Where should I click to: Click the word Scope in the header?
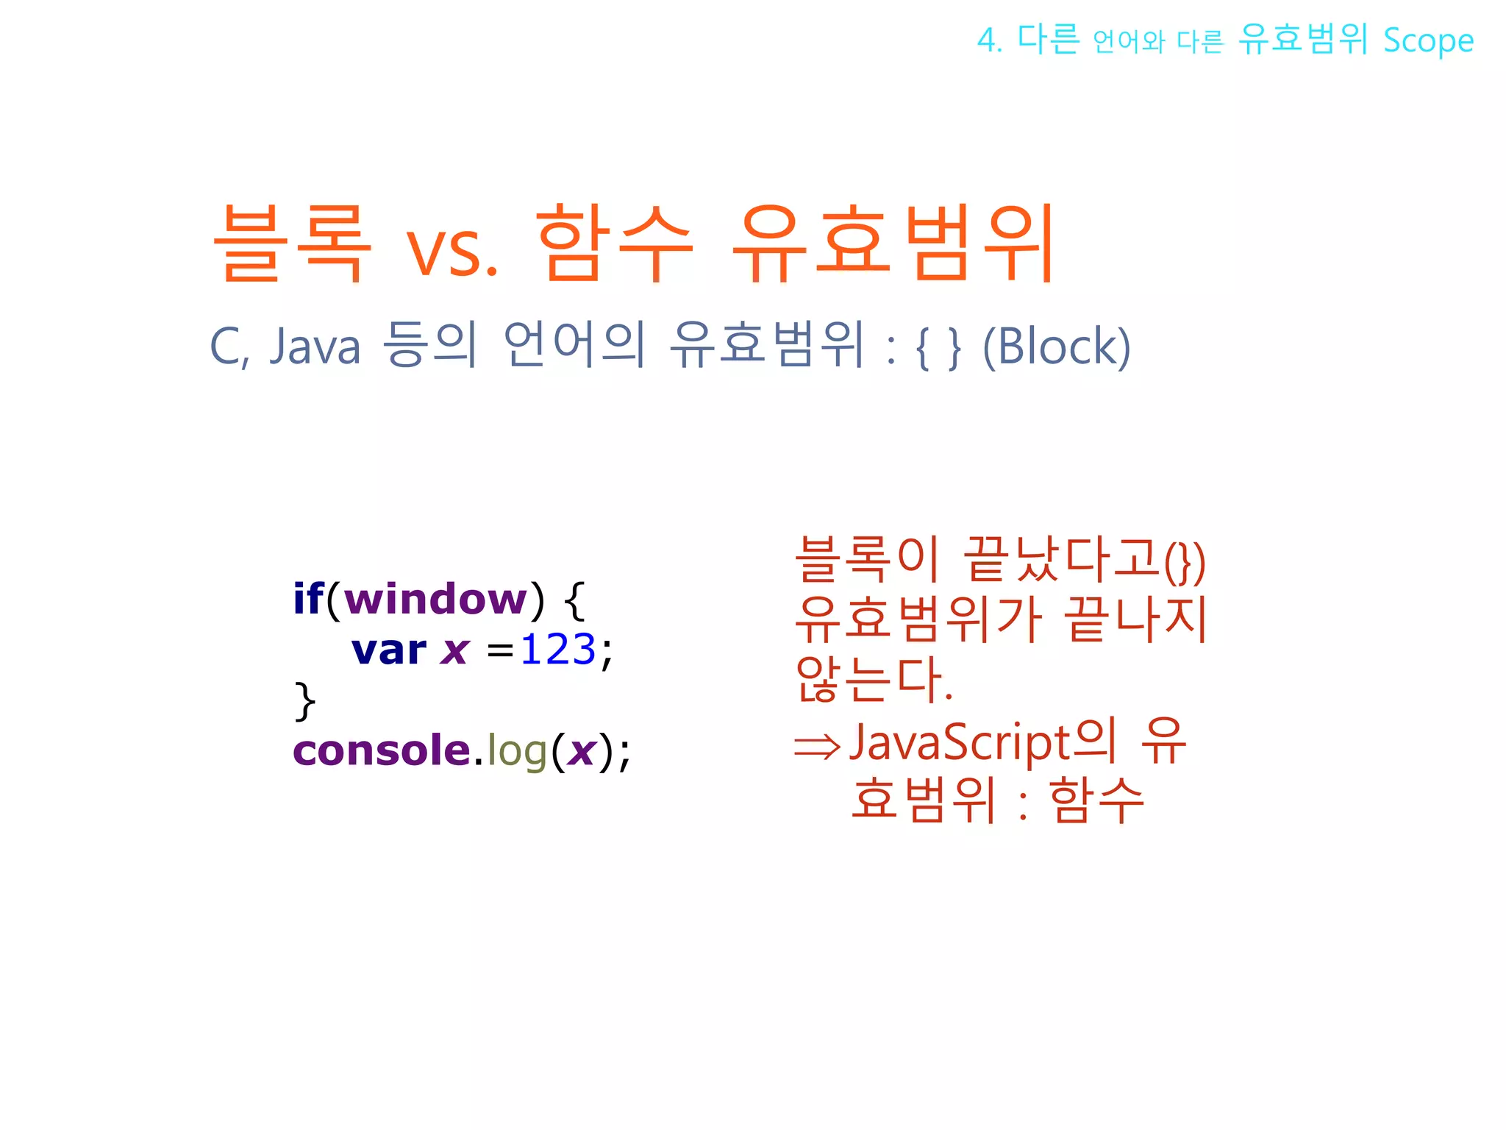[x=1428, y=41]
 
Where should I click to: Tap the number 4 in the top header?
[x=987, y=40]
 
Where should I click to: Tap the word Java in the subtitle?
[x=315, y=346]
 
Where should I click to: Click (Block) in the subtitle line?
[x=1057, y=346]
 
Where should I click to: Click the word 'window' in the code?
[x=435, y=600]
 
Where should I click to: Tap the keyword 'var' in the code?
[x=388, y=650]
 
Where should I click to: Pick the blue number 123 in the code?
[x=557, y=650]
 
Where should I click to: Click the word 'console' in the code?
[x=382, y=751]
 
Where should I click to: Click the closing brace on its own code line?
[x=304, y=700]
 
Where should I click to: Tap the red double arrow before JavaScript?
[x=817, y=747]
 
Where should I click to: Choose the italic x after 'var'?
[x=455, y=650]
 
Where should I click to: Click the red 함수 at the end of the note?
[x=1096, y=800]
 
